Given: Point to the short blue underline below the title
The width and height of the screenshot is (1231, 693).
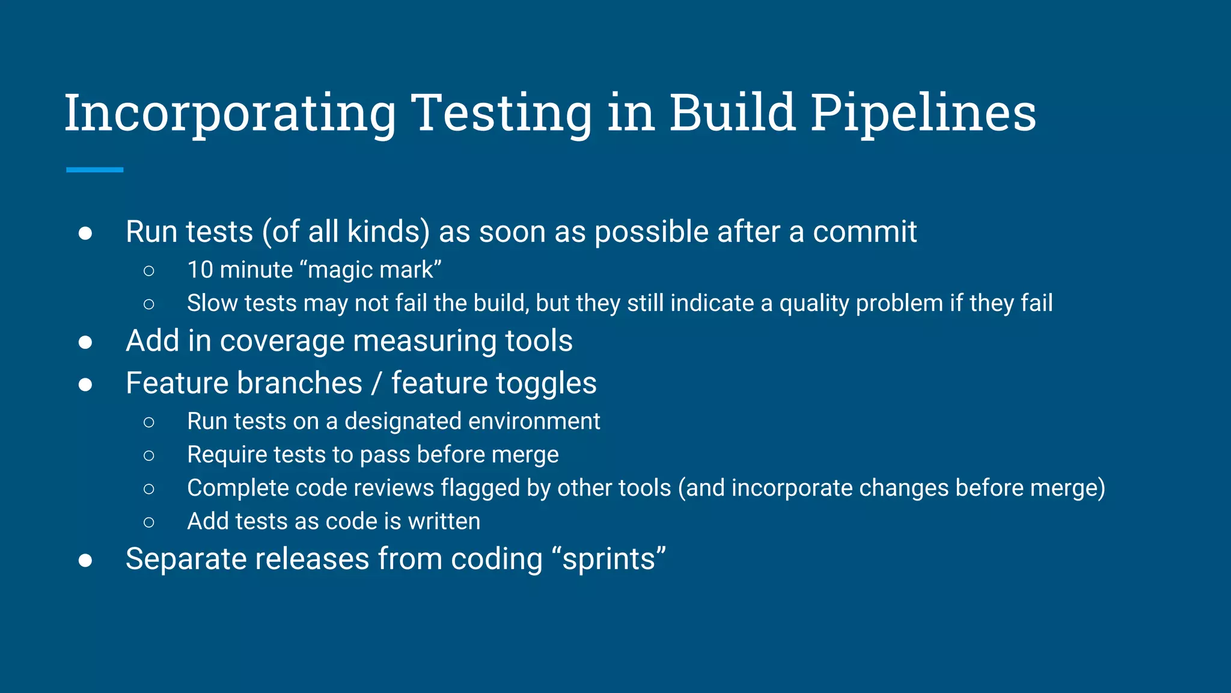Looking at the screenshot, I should (95, 170).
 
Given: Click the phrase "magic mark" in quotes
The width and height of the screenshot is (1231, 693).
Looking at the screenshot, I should (374, 269).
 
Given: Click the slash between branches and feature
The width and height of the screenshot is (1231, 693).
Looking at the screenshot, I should (377, 383).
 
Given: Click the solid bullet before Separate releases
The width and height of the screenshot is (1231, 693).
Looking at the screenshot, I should (85, 561).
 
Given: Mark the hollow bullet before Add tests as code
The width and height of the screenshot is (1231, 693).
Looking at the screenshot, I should (149, 522).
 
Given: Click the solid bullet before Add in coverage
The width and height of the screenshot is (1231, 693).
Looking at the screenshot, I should (85, 342).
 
